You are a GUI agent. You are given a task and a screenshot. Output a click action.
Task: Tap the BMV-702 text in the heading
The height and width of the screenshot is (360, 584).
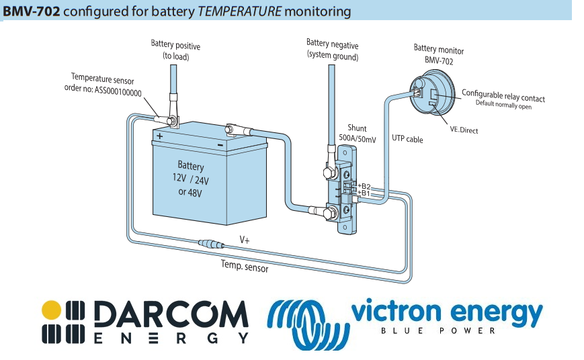point(32,11)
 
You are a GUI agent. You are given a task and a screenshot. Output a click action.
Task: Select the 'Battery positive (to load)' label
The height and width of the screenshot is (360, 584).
point(175,50)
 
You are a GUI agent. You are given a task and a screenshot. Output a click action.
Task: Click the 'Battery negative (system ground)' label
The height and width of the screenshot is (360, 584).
point(332,50)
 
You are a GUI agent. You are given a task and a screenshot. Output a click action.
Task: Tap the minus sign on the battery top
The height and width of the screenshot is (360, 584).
point(220,144)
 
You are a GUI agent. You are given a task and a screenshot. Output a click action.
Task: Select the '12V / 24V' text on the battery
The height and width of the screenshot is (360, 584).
point(190,179)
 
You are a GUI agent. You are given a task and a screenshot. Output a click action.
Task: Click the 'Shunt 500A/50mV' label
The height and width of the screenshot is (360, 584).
point(357,132)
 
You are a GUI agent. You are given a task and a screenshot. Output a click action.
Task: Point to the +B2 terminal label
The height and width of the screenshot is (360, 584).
point(364,185)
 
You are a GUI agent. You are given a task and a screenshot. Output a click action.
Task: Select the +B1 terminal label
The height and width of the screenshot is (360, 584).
point(364,193)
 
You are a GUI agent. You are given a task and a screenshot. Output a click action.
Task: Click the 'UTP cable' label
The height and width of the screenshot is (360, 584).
point(407,139)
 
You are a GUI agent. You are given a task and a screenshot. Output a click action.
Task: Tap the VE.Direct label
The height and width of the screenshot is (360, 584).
point(464,130)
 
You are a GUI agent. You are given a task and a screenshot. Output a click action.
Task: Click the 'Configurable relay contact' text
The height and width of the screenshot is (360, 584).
point(503,95)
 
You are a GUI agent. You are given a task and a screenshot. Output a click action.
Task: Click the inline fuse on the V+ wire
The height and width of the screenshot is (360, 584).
point(212,242)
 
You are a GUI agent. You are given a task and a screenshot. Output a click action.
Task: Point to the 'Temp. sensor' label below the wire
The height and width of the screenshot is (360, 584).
point(245,267)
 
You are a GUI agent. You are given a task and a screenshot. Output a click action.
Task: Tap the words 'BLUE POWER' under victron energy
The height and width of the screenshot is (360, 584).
point(437,330)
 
